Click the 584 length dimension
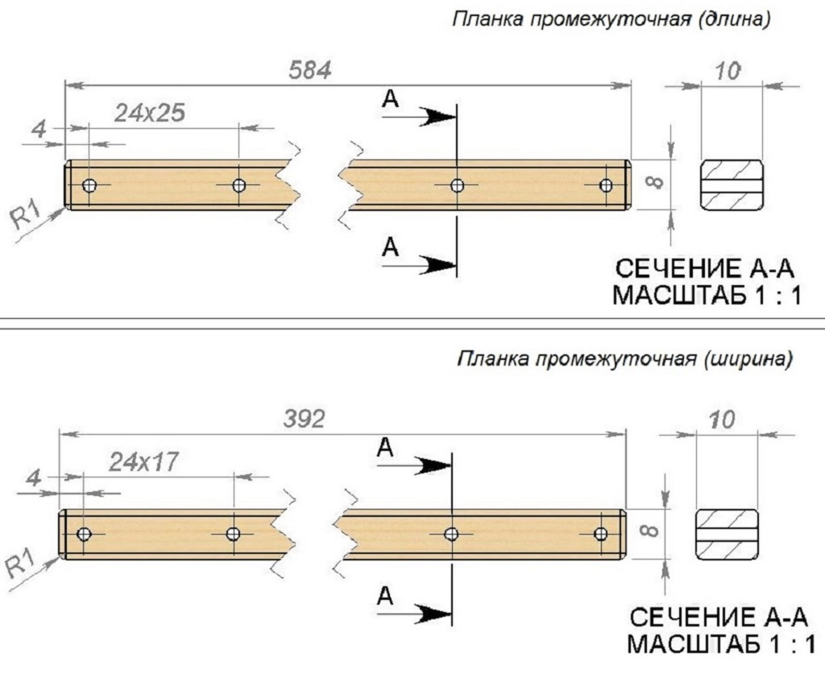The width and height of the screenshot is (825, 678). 310,70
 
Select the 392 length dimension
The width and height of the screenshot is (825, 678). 304,420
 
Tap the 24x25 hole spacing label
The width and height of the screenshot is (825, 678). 149,113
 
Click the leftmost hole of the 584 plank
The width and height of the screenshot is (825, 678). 89,186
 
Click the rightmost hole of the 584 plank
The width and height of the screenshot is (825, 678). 607,186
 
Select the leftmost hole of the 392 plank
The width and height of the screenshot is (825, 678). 84,534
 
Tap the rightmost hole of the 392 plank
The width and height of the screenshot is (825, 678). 600,534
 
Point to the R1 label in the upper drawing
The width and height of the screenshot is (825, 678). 27,216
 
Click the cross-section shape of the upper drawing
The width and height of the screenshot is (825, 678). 731,184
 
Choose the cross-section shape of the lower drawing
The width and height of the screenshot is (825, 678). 726,533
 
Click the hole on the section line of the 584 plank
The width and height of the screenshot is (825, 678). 457,186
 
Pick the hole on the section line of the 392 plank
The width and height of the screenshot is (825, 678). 451,534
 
